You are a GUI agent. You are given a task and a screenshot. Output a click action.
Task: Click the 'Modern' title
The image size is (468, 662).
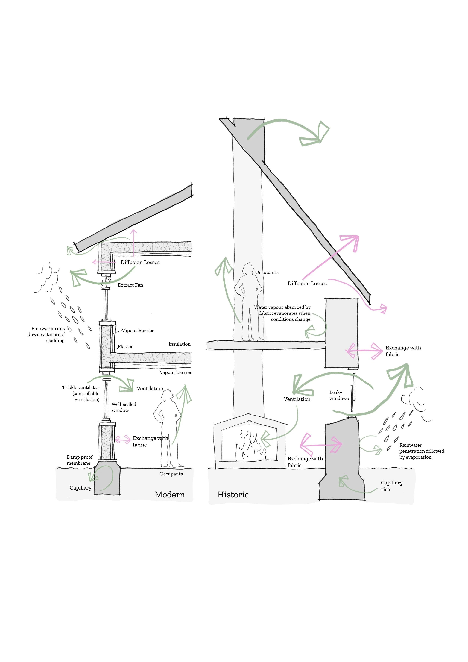(170, 495)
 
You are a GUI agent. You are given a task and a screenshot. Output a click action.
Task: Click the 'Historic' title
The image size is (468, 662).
(233, 495)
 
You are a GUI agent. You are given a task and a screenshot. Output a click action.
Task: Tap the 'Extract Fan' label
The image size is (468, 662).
(130, 285)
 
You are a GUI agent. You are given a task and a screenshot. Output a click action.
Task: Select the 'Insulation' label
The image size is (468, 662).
(179, 344)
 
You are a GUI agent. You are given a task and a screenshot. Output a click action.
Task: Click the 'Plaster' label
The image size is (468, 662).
(125, 347)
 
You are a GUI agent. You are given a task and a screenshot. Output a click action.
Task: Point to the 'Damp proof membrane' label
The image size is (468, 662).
(80, 460)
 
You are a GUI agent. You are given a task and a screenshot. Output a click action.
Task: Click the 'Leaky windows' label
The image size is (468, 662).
(339, 396)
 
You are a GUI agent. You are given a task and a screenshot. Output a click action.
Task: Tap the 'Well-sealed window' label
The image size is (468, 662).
(124, 407)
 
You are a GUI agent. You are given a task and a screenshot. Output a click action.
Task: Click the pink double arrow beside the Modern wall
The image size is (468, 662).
(123, 440)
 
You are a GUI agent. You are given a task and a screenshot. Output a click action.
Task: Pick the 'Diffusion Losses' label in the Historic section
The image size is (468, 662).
(307, 283)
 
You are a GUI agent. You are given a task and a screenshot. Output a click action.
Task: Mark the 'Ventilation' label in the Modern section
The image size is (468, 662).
(150, 389)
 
